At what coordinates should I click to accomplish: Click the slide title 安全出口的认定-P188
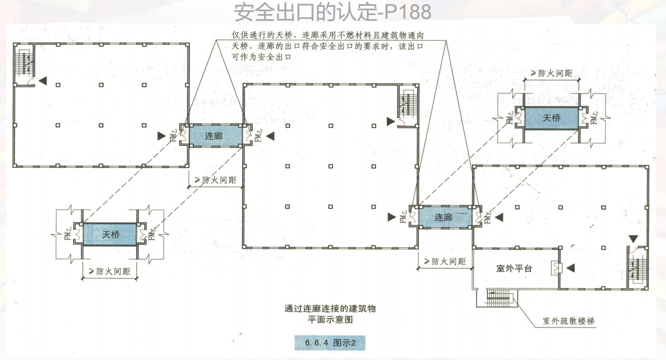(332, 11)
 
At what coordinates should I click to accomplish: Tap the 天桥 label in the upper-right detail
(552, 118)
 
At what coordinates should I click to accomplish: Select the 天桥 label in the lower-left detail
(111, 235)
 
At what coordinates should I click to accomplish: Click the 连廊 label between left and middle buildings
(214, 136)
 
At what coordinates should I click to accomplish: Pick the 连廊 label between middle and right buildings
(443, 217)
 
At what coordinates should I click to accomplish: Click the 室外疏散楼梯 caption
(569, 321)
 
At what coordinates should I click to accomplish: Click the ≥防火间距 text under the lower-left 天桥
(110, 272)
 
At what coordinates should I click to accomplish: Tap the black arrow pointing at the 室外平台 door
(570, 267)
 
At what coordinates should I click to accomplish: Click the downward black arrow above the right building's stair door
(633, 238)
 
